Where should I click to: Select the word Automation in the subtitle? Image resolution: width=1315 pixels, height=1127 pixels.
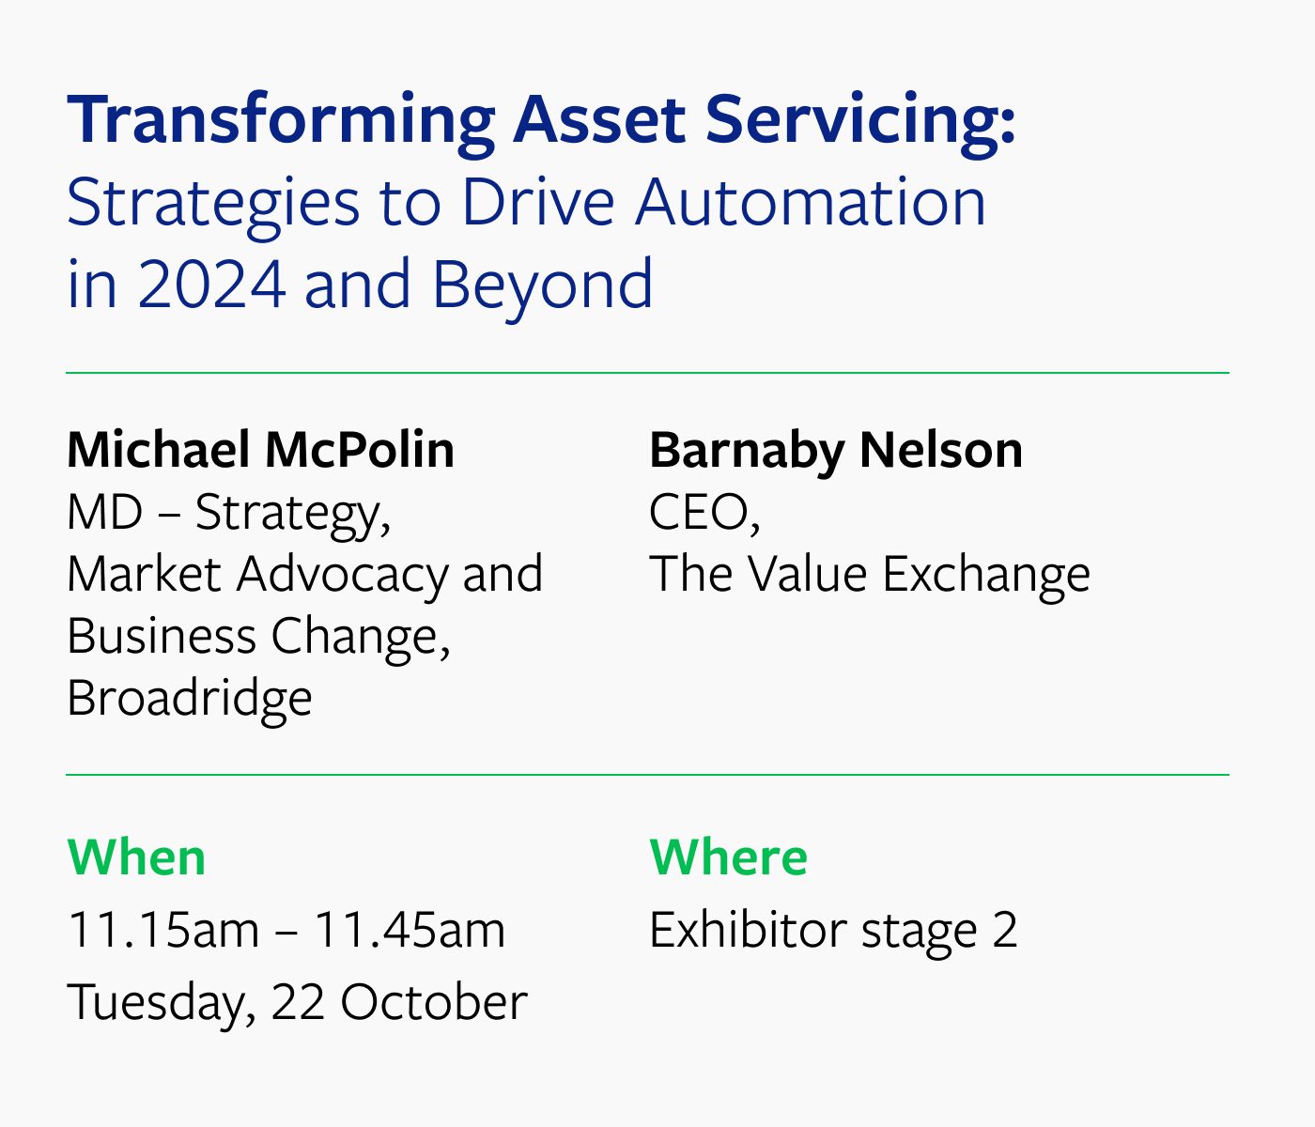(811, 202)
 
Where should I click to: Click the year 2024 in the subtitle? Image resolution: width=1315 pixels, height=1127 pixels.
(211, 284)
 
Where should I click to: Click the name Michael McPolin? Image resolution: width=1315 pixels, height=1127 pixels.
(261, 450)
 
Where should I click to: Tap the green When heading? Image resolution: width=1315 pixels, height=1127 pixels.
(136, 857)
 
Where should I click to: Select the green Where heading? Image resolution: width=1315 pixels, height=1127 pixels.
(729, 857)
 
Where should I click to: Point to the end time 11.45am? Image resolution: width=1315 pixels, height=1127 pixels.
(410, 931)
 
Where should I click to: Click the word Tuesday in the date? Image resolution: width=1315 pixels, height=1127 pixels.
(162, 1003)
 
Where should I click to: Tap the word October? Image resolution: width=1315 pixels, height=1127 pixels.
(434, 1001)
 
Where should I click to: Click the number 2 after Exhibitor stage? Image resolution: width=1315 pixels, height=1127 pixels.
(1004, 931)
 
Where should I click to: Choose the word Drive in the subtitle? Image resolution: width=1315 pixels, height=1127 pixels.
(537, 202)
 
